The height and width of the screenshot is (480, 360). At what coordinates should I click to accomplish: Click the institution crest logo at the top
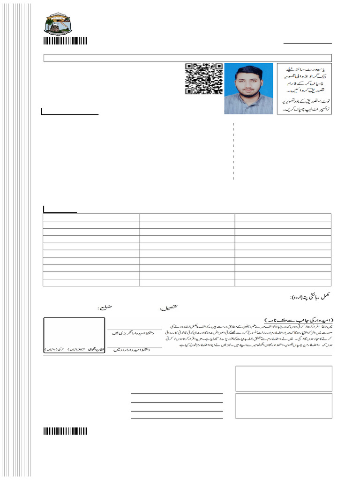(x=58, y=24)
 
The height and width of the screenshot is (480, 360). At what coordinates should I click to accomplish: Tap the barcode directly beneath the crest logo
(x=66, y=41)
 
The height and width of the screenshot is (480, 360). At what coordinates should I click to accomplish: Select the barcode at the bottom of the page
(x=66, y=432)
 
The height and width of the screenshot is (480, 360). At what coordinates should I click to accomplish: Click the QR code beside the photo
(x=203, y=79)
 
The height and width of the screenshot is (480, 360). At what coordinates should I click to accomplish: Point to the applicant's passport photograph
(x=248, y=89)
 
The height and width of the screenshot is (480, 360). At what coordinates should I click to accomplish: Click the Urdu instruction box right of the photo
(x=304, y=89)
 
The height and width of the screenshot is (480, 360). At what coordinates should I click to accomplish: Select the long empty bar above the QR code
(x=187, y=58)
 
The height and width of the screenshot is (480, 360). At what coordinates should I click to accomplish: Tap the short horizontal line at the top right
(x=307, y=43)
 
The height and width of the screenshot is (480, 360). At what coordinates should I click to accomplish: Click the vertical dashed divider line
(x=233, y=151)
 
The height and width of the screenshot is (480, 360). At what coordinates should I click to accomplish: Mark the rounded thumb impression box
(x=74, y=335)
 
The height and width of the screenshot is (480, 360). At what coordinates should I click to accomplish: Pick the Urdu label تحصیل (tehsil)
(x=170, y=308)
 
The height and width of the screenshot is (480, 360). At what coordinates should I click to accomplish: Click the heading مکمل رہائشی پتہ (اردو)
(x=310, y=297)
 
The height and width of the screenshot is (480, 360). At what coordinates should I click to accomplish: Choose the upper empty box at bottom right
(x=284, y=378)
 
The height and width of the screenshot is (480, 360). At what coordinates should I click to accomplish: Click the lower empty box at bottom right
(x=284, y=406)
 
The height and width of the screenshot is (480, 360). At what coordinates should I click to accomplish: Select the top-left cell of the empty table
(x=91, y=217)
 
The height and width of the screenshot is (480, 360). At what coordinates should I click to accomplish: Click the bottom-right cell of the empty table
(x=283, y=282)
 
